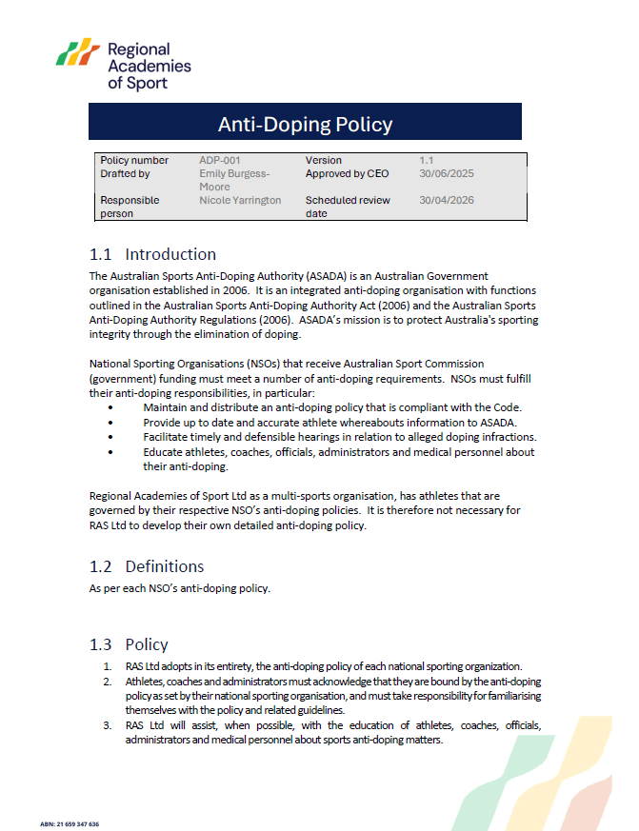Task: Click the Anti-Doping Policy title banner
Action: tap(305, 124)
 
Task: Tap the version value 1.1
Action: tap(427, 161)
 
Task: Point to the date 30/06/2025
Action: tap(446, 174)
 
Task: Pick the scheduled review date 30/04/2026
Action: tap(446, 201)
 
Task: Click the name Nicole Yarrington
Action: tap(240, 201)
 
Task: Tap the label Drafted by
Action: tap(125, 174)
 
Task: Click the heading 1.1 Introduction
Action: tap(152, 254)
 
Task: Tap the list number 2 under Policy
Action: tap(108, 682)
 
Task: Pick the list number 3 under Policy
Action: tap(108, 725)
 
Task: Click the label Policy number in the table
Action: tap(134, 161)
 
